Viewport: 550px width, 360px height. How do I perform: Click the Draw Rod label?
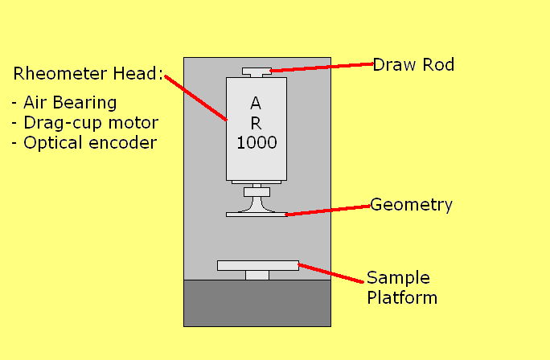point(413,64)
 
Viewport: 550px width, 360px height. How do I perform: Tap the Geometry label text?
point(411,205)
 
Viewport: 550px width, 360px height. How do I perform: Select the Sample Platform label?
point(401,288)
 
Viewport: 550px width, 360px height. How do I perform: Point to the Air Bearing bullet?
point(65,103)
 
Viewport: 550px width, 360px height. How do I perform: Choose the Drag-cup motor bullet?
point(85,123)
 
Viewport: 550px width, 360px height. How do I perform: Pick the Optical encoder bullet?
point(84,142)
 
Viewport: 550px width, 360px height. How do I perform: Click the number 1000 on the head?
point(257,143)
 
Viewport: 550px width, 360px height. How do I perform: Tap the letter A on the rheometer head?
point(256,103)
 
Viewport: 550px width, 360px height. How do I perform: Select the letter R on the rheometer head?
point(256,123)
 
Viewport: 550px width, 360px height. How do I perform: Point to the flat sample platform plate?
point(257,265)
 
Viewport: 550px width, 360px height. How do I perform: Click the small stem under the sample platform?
point(257,275)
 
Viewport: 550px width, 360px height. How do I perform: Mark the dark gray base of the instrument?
point(257,303)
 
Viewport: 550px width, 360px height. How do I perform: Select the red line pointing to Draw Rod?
point(322,67)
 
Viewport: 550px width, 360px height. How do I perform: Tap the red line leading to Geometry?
point(328,210)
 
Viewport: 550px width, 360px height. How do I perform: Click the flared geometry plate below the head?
point(257,211)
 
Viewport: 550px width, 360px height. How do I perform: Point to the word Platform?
point(401,297)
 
